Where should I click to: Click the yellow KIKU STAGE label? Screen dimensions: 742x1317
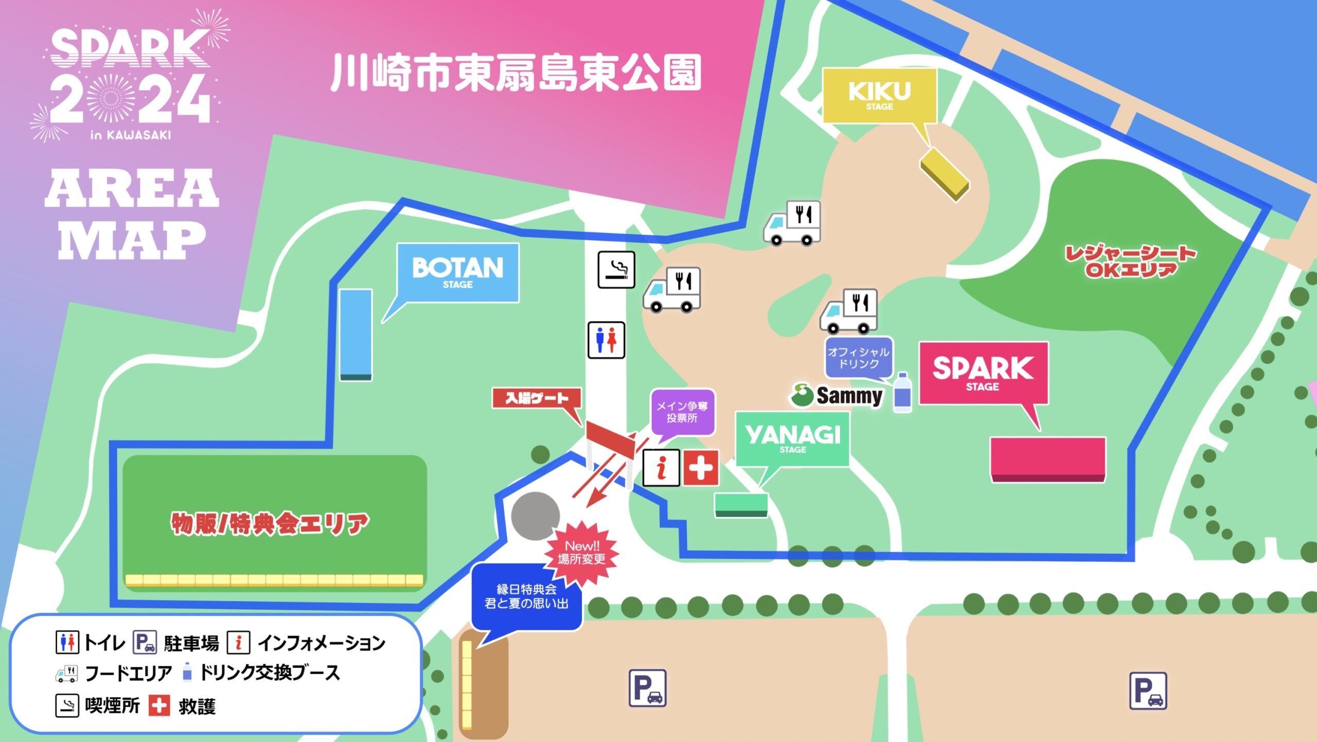click(879, 96)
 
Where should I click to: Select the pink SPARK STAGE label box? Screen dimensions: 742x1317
click(983, 373)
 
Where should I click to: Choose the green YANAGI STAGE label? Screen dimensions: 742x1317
click(792, 439)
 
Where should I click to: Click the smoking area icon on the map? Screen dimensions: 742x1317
click(616, 269)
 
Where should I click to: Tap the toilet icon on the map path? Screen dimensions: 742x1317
click(606, 340)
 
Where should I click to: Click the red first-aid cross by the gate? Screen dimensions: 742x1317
click(701, 468)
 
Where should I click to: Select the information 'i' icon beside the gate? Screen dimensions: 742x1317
click(661, 468)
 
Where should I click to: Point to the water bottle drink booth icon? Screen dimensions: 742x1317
click(902, 393)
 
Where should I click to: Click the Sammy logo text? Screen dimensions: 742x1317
click(849, 395)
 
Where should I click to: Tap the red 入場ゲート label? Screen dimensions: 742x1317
click(537, 398)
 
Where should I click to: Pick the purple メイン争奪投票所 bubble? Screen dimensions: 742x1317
click(682, 412)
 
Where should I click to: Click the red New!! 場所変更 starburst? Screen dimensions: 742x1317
click(582, 553)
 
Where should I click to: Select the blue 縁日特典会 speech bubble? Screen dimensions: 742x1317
click(526, 597)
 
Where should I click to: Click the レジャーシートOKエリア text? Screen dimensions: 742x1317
click(1130, 261)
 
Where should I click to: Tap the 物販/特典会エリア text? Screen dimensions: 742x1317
click(270, 523)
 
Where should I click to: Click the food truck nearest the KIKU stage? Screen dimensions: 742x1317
click(792, 223)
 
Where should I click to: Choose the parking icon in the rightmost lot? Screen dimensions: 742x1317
click(1148, 691)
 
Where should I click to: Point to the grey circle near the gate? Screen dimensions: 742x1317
click(535, 516)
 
